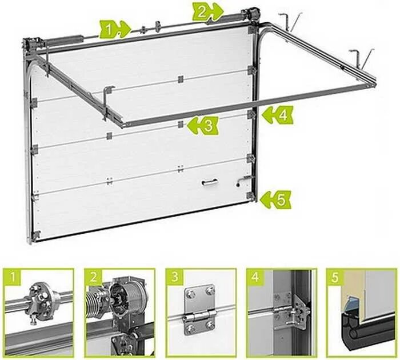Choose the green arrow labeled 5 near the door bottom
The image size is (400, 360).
(275, 199)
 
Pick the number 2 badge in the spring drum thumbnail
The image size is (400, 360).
(94, 279)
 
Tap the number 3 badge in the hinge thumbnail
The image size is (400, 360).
(175, 279)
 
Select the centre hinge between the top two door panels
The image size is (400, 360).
(180, 78)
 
